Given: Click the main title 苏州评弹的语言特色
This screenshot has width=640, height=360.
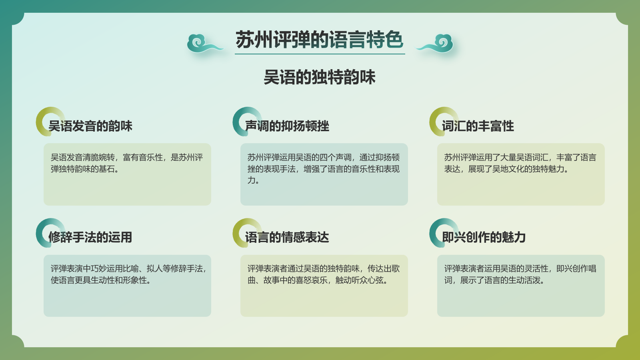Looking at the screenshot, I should coord(319,40).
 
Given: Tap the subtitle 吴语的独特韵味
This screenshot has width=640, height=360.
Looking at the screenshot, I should coord(319,77).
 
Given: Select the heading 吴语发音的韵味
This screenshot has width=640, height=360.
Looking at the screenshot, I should coord(90,126).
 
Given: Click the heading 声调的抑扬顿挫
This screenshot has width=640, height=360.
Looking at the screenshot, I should coord(287,126).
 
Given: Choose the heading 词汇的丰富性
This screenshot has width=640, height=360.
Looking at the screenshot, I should coord(478,126).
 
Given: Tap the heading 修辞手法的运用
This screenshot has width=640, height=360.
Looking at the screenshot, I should coord(90,237).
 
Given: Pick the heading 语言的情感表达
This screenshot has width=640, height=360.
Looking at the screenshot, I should coord(287,237).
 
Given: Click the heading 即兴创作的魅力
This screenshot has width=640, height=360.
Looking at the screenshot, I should coord(484,237).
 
